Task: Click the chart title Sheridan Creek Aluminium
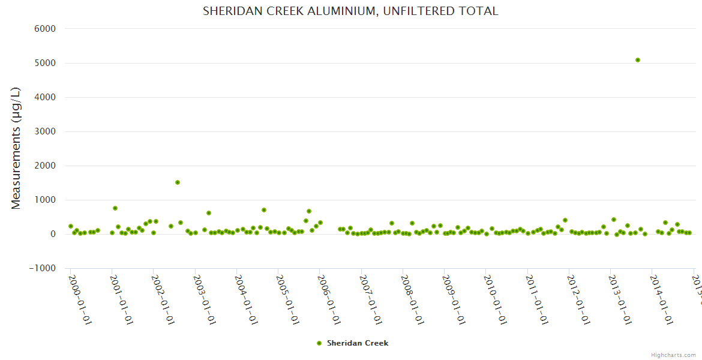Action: (x=350, y=11)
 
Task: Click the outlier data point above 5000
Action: (x=638, y=60)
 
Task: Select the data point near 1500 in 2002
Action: (x=178, y=182)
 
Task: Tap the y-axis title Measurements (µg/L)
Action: (x=16, y=148)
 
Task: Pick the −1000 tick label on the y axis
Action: (x=42, y=268)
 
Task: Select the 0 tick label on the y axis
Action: (x=53, y=234)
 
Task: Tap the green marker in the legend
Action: (x=319, y=343)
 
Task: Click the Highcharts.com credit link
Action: (x=673, y=355)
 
